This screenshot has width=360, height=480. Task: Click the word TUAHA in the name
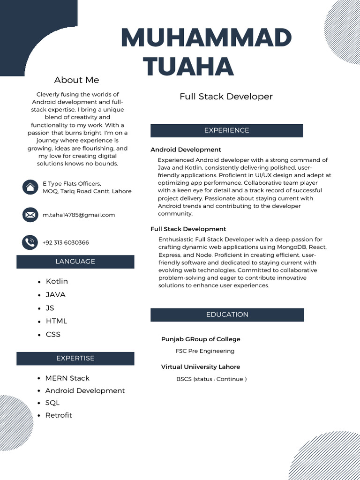[x=188, y=66]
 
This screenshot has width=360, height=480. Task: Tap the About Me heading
[x=76, y=80]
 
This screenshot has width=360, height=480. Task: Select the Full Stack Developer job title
[x=226, y=97]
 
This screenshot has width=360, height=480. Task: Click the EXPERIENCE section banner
[x=226, y=130]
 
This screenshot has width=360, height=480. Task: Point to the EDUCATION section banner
[x=227, y=315]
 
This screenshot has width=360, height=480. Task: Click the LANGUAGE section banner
[x=75, y=262]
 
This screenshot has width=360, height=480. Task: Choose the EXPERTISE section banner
[x=75, y=358]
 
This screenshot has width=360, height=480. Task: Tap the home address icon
[x=30, y=187]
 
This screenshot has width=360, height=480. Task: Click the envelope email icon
[x=30, y=215]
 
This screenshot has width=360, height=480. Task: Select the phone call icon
[x=30, y=242]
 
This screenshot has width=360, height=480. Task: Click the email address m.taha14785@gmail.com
[x=79, y=215]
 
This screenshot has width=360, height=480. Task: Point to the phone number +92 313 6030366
[x=66, y=242]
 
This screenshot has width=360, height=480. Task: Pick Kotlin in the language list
[x=57, y=281]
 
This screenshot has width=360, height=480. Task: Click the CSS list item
[x=53, y=334]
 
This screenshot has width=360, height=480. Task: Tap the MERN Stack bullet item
[x=67, y=378]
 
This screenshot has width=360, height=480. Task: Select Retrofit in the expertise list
[x=59, y=415]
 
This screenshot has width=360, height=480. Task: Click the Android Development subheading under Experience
[x=186, y=150]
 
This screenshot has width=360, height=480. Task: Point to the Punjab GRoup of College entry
[x=201, y=339]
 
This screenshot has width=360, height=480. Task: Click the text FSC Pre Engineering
[x=205, y=351]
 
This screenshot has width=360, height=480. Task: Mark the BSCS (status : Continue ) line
[x=211, y=379]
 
